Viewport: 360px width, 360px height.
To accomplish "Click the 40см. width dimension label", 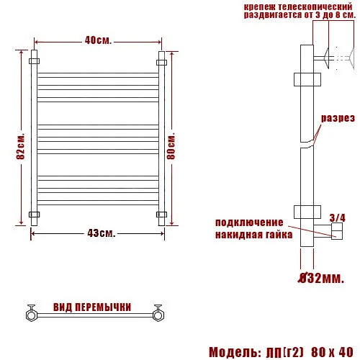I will [98, 40].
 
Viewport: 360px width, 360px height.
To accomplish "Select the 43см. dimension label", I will [101, 233].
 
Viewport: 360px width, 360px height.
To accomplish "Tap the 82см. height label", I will [21, 150].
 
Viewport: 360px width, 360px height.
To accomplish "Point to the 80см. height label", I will [171, 143].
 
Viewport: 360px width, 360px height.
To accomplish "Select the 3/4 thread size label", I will [337, 217].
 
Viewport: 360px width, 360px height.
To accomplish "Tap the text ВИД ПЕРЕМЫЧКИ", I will [91, 307].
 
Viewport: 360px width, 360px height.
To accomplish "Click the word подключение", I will [249, 222].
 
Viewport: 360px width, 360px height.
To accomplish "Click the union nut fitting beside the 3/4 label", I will [336, 230].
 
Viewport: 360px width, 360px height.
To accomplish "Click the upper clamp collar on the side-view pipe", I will [305, 79].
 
